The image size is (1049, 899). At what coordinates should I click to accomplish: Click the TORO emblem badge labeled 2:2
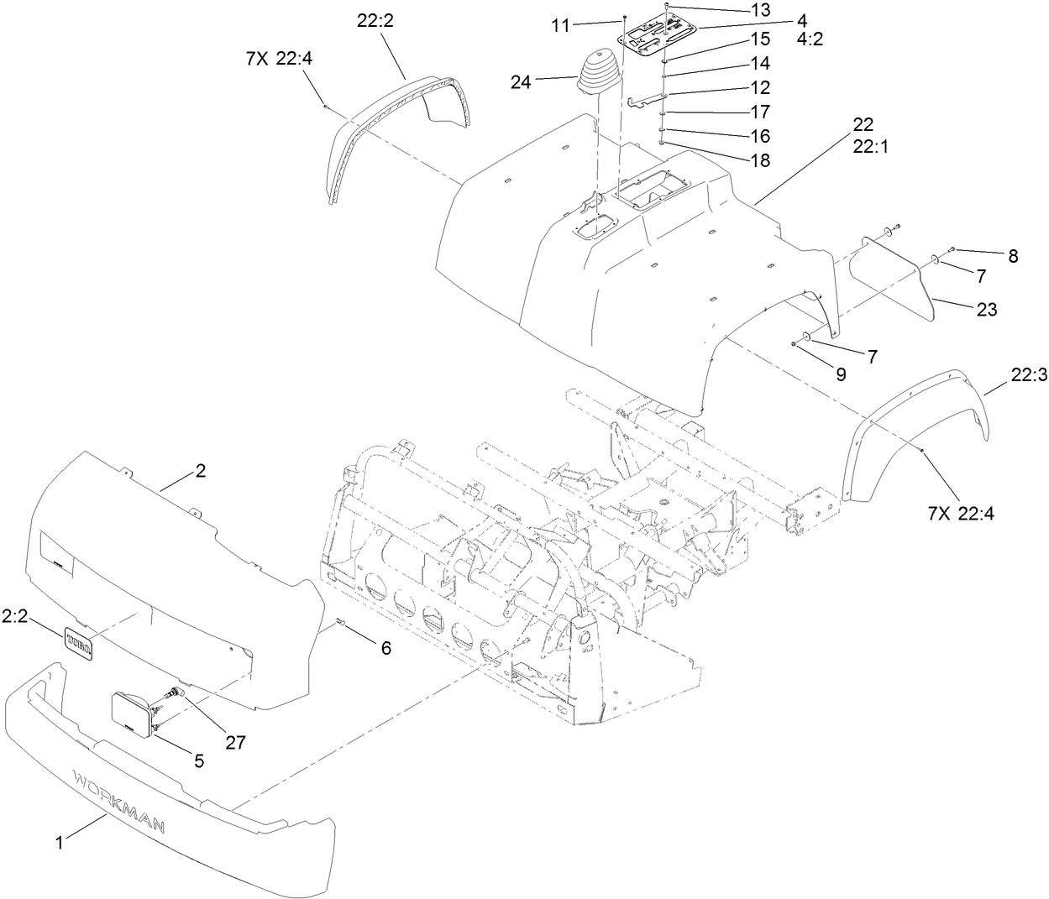tap(81, 643)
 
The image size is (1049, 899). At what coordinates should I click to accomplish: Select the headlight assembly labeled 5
tap(134, 715)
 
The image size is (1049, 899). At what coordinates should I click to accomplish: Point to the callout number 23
tap(987, 309)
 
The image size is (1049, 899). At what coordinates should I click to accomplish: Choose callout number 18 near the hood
tap(759, 161)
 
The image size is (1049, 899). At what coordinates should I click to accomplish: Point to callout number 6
tap(386, 647)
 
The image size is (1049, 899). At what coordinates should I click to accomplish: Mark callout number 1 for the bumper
tap(59, 844)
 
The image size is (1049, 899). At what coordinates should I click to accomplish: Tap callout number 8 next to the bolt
tap(1013, 257)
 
